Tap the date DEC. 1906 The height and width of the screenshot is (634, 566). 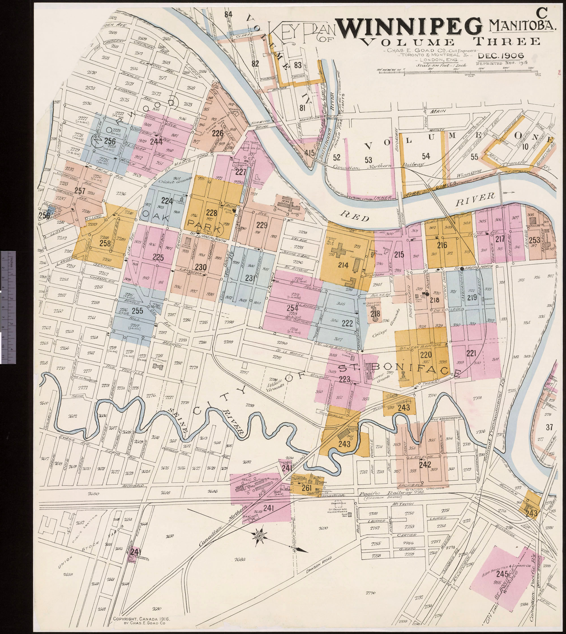point(500,56)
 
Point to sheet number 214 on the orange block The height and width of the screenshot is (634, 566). point(343,265)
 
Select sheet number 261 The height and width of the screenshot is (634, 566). point(306,488)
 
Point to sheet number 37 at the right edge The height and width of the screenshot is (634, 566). point(549,427)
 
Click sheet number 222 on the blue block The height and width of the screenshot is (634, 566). point(347,324)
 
